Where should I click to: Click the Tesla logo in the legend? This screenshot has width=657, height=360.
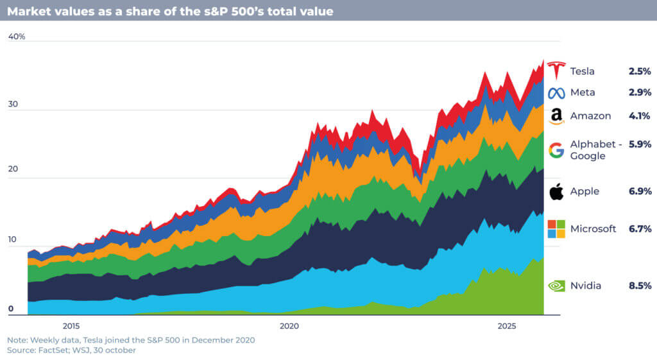click(x=556, y=71)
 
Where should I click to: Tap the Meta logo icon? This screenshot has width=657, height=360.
click(x=556, y=92)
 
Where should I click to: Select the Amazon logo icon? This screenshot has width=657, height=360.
click(x=556, y=116)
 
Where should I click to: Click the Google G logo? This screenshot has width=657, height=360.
click(x=556, y=150)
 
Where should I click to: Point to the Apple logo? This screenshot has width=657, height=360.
click(x=556, y=191)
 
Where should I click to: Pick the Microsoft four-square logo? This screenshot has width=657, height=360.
click(x=556, y=228)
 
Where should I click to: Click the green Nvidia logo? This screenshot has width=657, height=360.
click(x=556, y=286)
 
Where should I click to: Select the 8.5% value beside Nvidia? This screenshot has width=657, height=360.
click(x=640, y=286)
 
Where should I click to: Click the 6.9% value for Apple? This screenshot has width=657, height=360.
click(x=640, y=191)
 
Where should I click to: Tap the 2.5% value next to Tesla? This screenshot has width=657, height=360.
click(x=640, y=71)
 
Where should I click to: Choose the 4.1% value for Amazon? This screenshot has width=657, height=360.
click(x=640, y=116)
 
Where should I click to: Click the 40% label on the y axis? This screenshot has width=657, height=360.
click(x=17, y=37)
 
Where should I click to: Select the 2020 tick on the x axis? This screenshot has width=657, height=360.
click(x=289, y=325)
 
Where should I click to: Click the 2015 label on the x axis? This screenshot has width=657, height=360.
click(x=71, y=325)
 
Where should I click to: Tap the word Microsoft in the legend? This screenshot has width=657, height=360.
click(x=593, y=228)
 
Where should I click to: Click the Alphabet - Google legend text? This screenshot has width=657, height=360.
click(x=595, y=150)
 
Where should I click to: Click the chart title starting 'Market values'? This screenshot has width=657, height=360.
click(x=170, y=12)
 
